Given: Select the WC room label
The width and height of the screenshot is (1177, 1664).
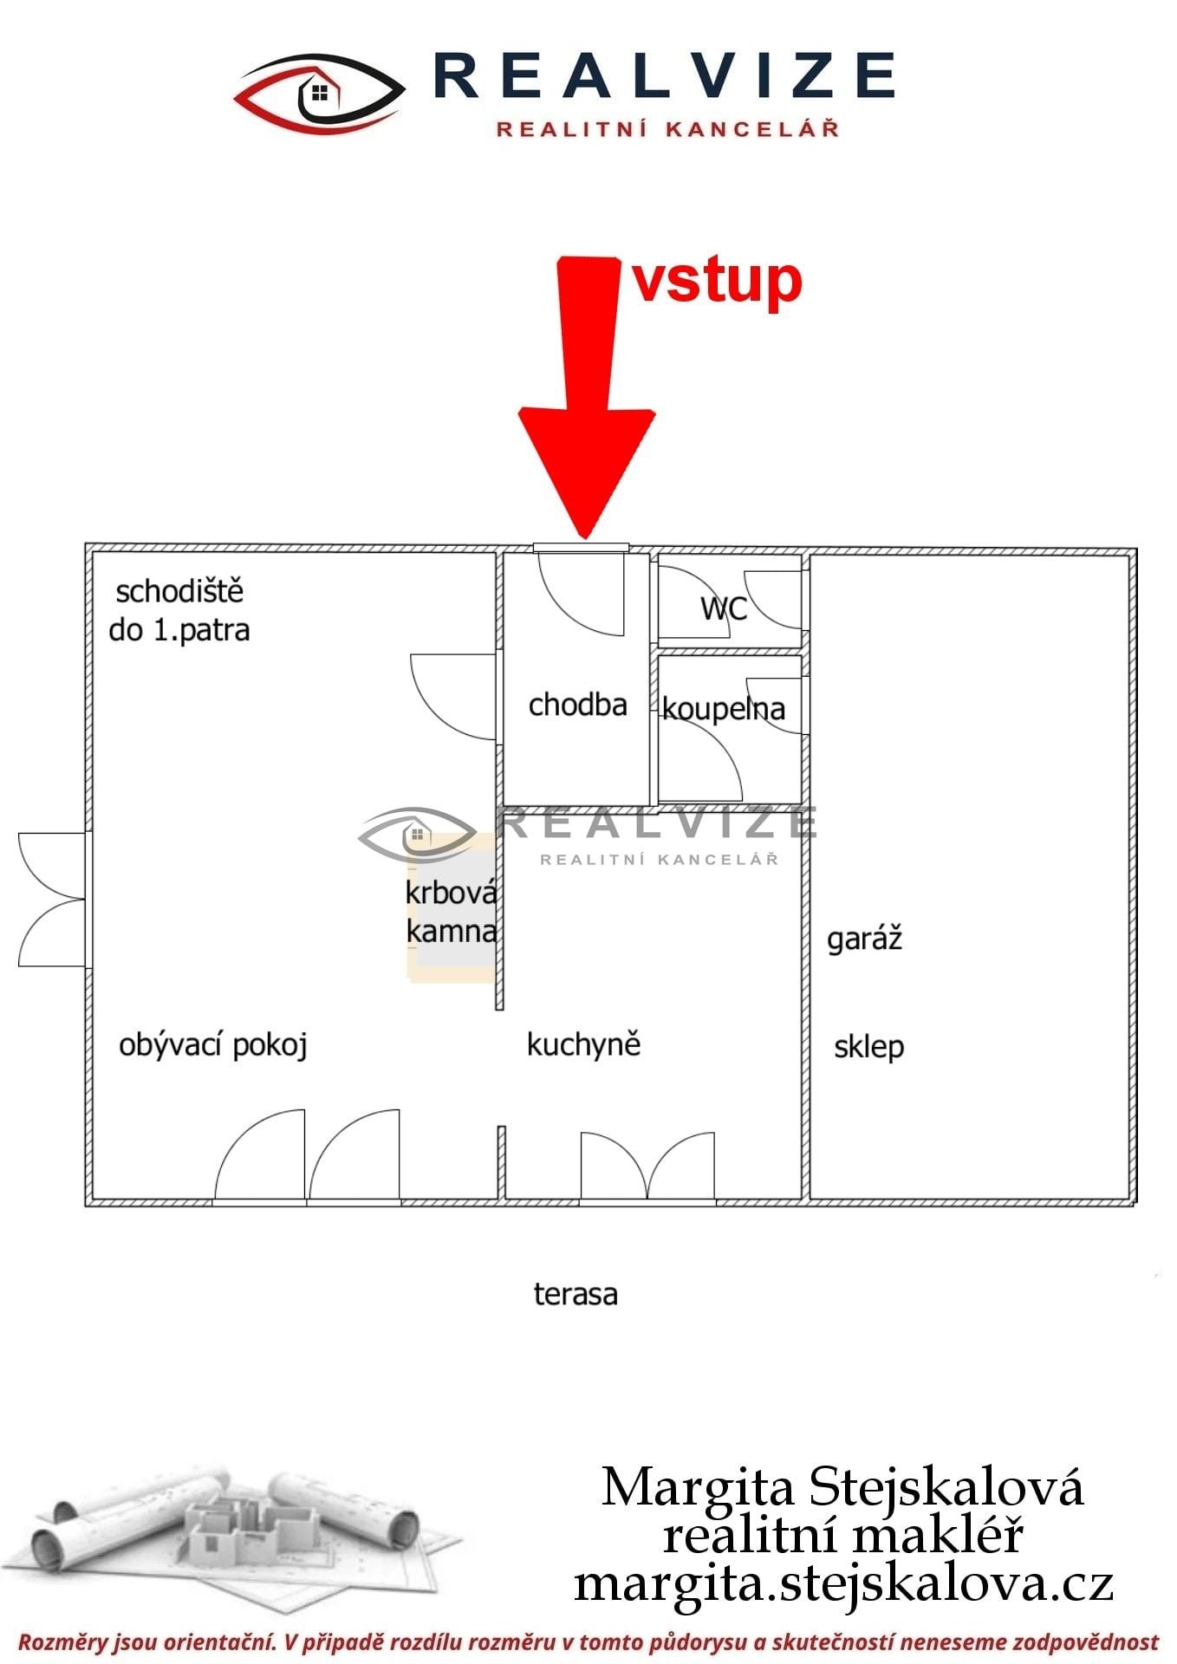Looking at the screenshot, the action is (x=724, y=608).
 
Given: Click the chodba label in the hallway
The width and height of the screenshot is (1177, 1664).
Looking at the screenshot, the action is (x=577, y=705).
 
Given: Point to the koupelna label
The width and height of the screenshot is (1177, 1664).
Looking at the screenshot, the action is (x=724, y=709).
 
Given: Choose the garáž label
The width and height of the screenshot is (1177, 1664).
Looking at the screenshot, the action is (x=865, y=939).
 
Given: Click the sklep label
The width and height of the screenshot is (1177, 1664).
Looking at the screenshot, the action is (x=868, y=1046).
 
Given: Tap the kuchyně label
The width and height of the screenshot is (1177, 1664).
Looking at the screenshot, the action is (x=583, y=1044).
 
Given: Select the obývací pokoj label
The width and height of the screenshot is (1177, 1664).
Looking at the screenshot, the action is (x=213, y=1045).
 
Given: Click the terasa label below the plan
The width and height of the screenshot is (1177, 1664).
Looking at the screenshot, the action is (x=575, y=1295).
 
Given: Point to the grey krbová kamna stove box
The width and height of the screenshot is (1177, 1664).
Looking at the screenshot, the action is (x=452, y=910).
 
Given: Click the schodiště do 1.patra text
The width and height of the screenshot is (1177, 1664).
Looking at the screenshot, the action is (x=179, y=610).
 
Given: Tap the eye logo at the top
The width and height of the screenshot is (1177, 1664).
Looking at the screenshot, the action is (x=320, y=93).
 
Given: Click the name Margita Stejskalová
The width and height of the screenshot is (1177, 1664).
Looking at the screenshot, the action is (x=842, y=1487).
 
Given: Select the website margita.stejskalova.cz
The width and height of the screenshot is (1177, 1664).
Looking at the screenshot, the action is (x=843, y=1583).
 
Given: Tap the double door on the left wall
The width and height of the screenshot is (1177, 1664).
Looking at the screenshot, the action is (x=53, y=900).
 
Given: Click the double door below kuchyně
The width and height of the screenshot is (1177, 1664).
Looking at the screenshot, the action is (x=647, y=1167).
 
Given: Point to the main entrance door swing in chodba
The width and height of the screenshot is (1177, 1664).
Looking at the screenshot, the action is (x=581, y=595).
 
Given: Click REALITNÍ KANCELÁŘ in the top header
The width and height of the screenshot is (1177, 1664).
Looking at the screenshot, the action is (x=667, y=129).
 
